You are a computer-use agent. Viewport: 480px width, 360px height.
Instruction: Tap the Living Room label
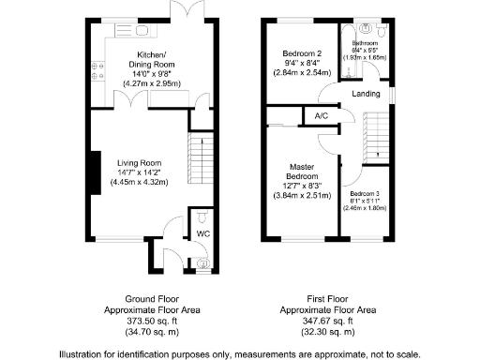click(141, 162)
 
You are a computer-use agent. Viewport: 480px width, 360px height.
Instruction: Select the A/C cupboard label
click(321, 116)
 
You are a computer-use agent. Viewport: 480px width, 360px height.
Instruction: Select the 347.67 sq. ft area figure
click(329, 319)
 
